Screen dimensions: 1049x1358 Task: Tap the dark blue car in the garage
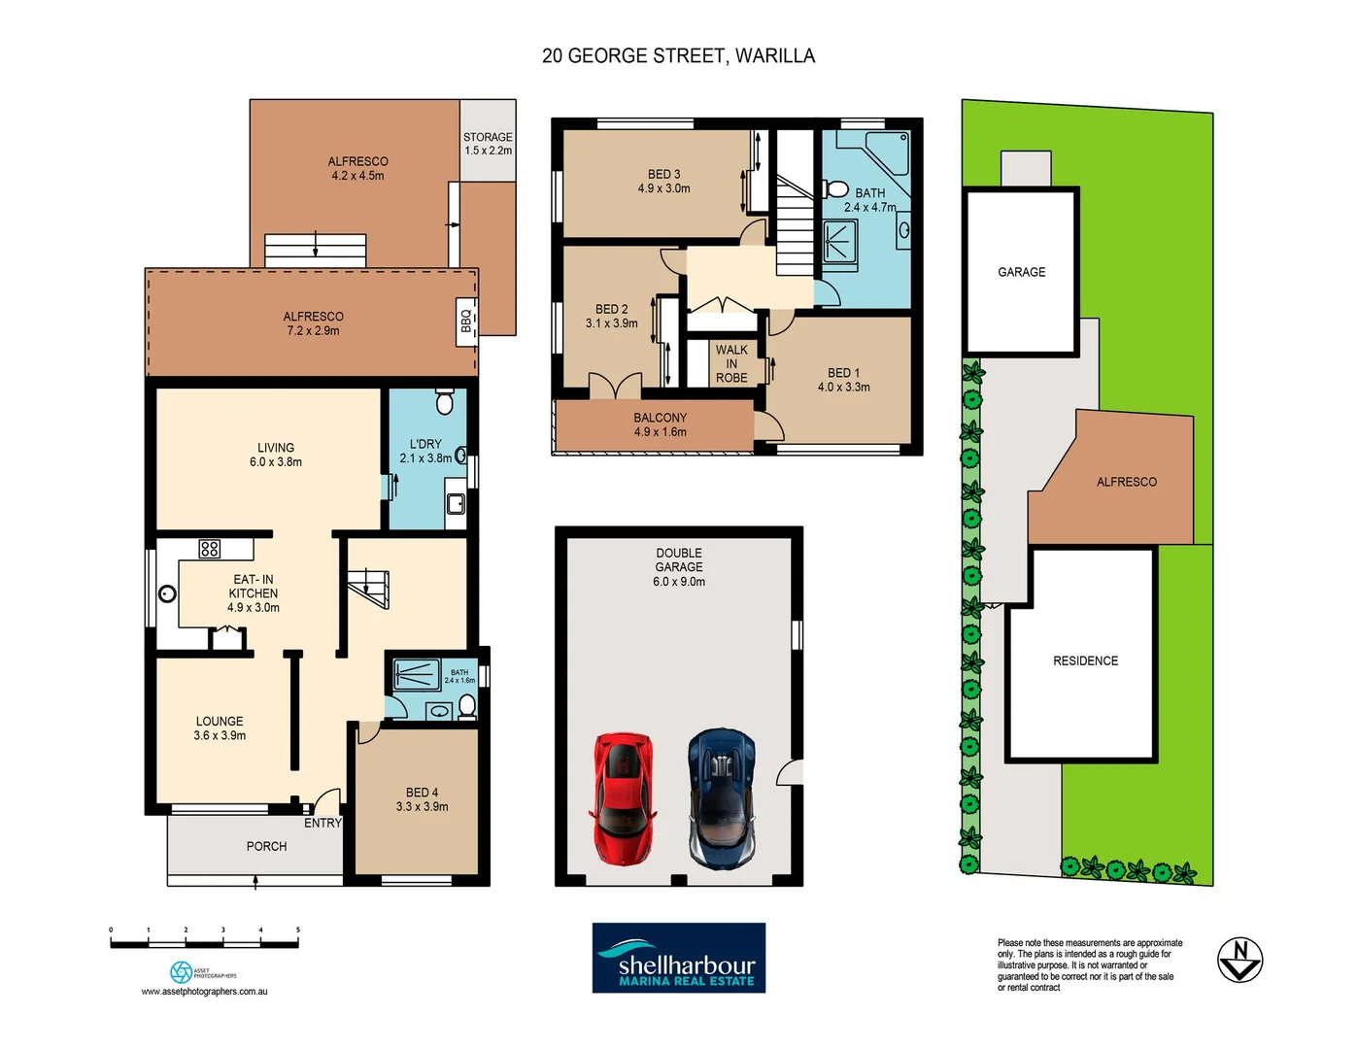pos(721,798)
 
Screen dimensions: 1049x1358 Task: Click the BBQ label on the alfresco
pos(467,321)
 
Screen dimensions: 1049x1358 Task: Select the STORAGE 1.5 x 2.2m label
pos(488,144)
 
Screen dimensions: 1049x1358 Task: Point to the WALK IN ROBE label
pos(731,363)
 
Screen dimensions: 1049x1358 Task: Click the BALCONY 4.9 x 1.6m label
pos(660,424)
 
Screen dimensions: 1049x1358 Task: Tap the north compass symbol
pos(1239,960)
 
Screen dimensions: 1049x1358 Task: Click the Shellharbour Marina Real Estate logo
pos(679,958)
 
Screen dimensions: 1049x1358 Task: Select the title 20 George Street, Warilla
pos(678,56)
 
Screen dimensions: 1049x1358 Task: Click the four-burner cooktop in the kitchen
pos(210,549)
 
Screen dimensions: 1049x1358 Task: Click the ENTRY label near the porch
pos(323,823)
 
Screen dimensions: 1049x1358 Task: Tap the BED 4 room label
pos(422,799)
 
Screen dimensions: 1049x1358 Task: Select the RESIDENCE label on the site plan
pos(1085,660)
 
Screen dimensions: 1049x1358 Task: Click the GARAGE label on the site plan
pos(1021,272)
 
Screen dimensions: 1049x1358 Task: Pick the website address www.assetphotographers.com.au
pos(204,992)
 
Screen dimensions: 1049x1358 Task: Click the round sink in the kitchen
pos(168,593)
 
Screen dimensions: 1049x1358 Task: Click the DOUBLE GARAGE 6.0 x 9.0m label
pos(678,567)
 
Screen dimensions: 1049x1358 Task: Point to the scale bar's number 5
pos(298,930)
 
